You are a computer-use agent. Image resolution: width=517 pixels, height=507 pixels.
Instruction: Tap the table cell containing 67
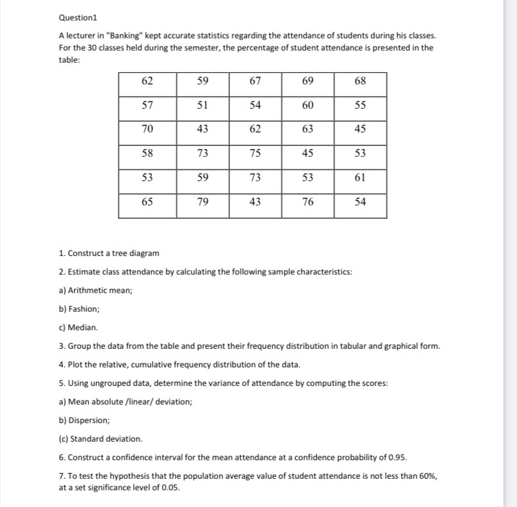pyautogui.click(x=255, y=81)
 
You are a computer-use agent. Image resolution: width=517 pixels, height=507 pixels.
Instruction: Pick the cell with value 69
pyautogui.click(x=308, y=81)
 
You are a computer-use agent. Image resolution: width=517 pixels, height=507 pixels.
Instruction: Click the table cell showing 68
pyautogui.click(x=360, y=81)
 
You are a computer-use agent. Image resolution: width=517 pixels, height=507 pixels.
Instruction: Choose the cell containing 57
pyautogui.click(x=147, y=105)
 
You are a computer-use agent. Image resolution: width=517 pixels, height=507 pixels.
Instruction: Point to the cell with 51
pyautogui.click(x=202, y=105)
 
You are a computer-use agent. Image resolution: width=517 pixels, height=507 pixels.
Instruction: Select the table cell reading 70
pyautogui.click(x=147, y=129)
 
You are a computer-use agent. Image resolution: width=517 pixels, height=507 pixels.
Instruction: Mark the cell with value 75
pyautogui.click(x=255, y=153)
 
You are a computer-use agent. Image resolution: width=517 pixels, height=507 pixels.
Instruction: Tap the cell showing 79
pyautogui.click(x=202, y=202)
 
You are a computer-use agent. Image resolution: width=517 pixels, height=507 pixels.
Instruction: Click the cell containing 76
pyautogui.click(x=308, y=202)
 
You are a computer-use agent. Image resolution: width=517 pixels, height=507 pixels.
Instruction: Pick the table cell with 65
pyautogui.click(x=147, y=202)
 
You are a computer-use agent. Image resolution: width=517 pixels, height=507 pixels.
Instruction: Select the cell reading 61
pyautogui.click(x=360, y=177)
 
